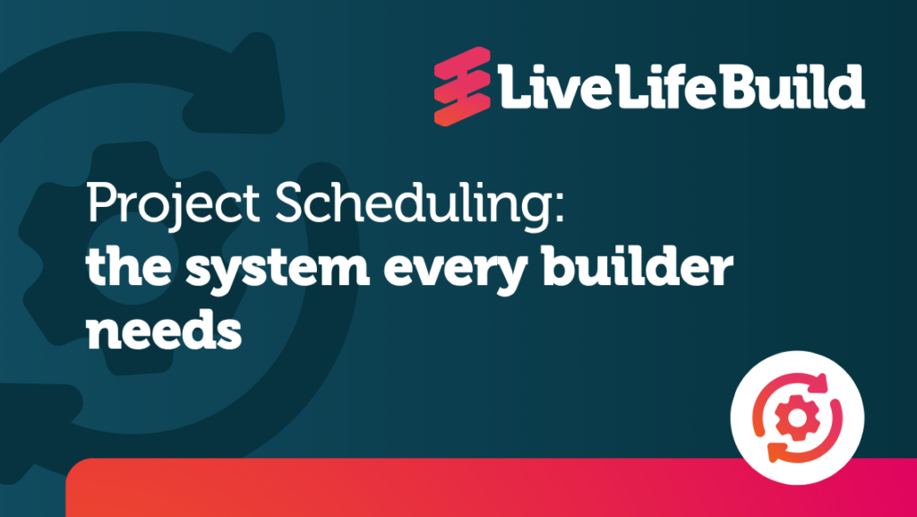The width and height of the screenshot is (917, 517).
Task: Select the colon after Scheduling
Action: click(x=560, y=209)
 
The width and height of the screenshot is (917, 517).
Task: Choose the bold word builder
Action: click(x=638, y=265)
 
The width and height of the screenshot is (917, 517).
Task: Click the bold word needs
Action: click(x=165, y=331)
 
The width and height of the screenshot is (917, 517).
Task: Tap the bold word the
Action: click(x=129, y=265)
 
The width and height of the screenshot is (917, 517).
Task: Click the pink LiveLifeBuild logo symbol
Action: click(x=462, y=86)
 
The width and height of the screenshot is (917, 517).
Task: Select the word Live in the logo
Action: click(x=554, y=87)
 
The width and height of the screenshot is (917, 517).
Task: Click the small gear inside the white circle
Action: click(x=796, y=418)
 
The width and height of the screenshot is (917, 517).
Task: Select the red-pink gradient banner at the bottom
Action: click(x=492, y=487)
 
